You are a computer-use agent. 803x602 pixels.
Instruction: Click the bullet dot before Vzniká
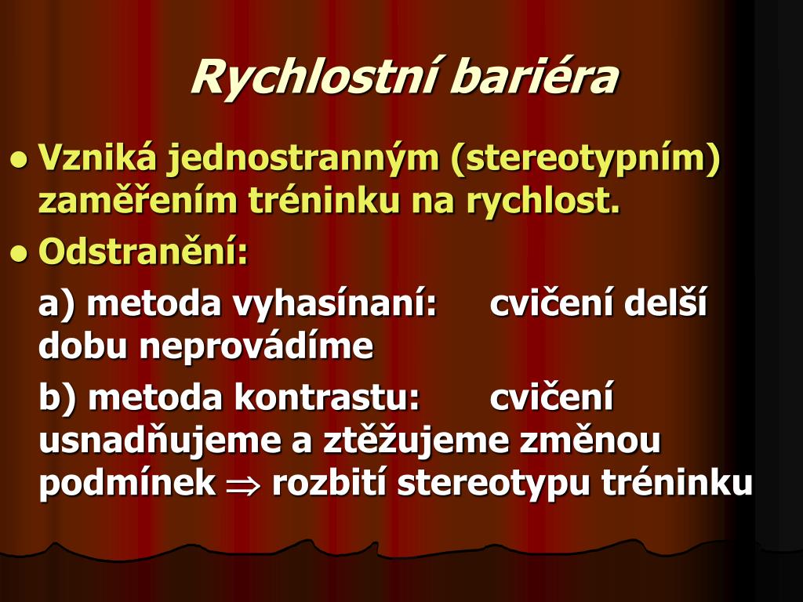coord(19,160)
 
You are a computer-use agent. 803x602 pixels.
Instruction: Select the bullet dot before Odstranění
coord(19,253)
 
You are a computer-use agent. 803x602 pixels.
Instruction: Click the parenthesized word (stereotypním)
coord(586,158)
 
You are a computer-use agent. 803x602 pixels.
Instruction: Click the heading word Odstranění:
coord(144,250)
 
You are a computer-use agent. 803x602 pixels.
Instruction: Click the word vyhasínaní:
coord(335,304)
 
